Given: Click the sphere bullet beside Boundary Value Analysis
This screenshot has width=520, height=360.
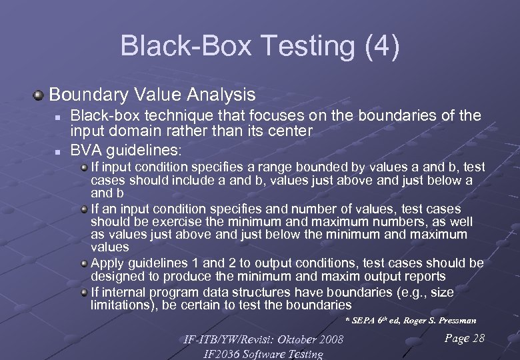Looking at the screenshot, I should click(41, 95).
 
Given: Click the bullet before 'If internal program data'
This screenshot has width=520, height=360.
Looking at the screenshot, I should click(85, 292).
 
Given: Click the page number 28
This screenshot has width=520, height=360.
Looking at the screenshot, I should click(478, 339).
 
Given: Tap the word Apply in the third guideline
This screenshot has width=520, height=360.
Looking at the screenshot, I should click(107, 263).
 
